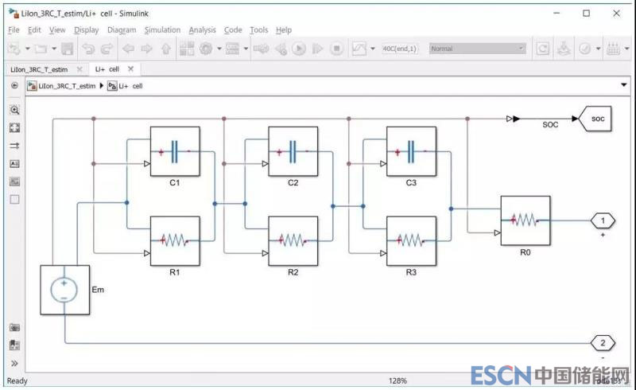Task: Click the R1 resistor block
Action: click(x=174, y=240)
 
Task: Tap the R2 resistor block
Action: click(x=293, y=240)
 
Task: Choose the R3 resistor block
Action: click(x=411, y=240)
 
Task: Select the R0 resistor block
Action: click(x=525, y=220)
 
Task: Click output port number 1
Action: click(x=603, y=220)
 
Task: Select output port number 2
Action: click(x=603, y=344)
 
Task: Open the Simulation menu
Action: click(x=162, y=30)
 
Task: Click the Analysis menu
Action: click(x=202, y=30)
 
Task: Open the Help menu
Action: click(x=284, y=30)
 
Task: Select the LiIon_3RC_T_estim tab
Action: click(x=41, y=69)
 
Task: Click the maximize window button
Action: click(x=586, y=13)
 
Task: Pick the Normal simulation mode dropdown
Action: click(x=477, y=49)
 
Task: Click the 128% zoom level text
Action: click(x=397, y=381)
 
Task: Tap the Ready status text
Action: click(x=17, y=381)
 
